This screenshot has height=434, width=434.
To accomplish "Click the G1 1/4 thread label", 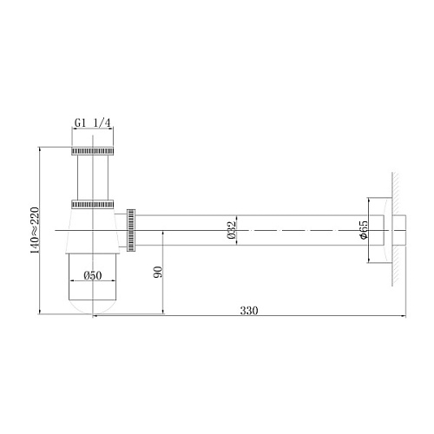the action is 93,123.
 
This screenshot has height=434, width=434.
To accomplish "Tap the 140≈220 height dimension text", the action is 35,230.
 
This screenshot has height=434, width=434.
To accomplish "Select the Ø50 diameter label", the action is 93,275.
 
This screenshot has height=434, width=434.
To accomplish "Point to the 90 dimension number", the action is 158,272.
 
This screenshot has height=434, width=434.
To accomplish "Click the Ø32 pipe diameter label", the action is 232,230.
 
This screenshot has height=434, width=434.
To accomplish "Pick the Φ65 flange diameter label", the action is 363,230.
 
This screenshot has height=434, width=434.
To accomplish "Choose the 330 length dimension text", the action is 249,311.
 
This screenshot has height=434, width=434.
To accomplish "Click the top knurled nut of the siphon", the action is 93,151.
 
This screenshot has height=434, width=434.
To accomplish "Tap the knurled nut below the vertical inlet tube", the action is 93,204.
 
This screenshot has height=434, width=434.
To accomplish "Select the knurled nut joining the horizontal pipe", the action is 131,230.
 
